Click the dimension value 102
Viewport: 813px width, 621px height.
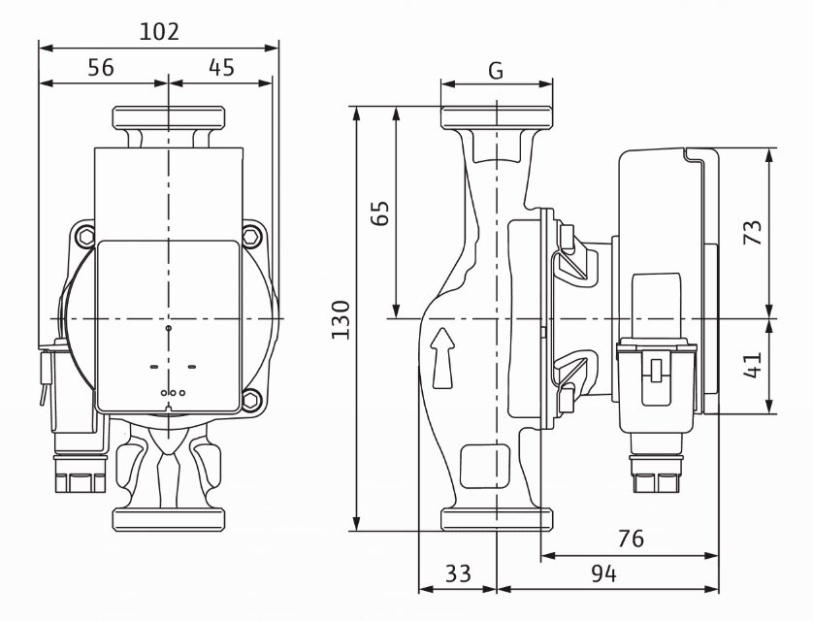[159, 32]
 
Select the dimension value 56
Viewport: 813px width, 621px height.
[101, 67]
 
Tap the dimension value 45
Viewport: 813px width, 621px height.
[221, 67]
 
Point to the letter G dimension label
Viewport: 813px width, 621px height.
[496, 70]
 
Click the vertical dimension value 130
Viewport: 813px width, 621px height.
[341, 319]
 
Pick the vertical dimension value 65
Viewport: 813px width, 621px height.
[380, 212]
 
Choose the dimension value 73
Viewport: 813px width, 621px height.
[752, 232]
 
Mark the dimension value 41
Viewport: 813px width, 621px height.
[752, 365]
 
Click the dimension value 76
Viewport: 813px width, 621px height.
[631, 539]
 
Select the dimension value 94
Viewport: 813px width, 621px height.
[604, 573]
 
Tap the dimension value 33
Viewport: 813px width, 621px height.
[458, 573]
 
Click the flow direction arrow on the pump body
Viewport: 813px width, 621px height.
[443, 358]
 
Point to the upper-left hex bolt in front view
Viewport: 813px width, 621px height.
[84, 237]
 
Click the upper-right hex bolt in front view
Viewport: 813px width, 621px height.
[252, 237]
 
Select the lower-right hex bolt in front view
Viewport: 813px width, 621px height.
[251, 400]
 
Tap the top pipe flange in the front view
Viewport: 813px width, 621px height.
[169, 117]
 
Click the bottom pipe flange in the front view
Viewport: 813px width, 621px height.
[169, 520]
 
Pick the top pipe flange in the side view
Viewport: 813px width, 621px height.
[497, 117]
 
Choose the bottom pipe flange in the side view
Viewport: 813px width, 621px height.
[497, 520]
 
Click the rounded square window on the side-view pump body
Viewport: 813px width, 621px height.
[485, 466]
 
